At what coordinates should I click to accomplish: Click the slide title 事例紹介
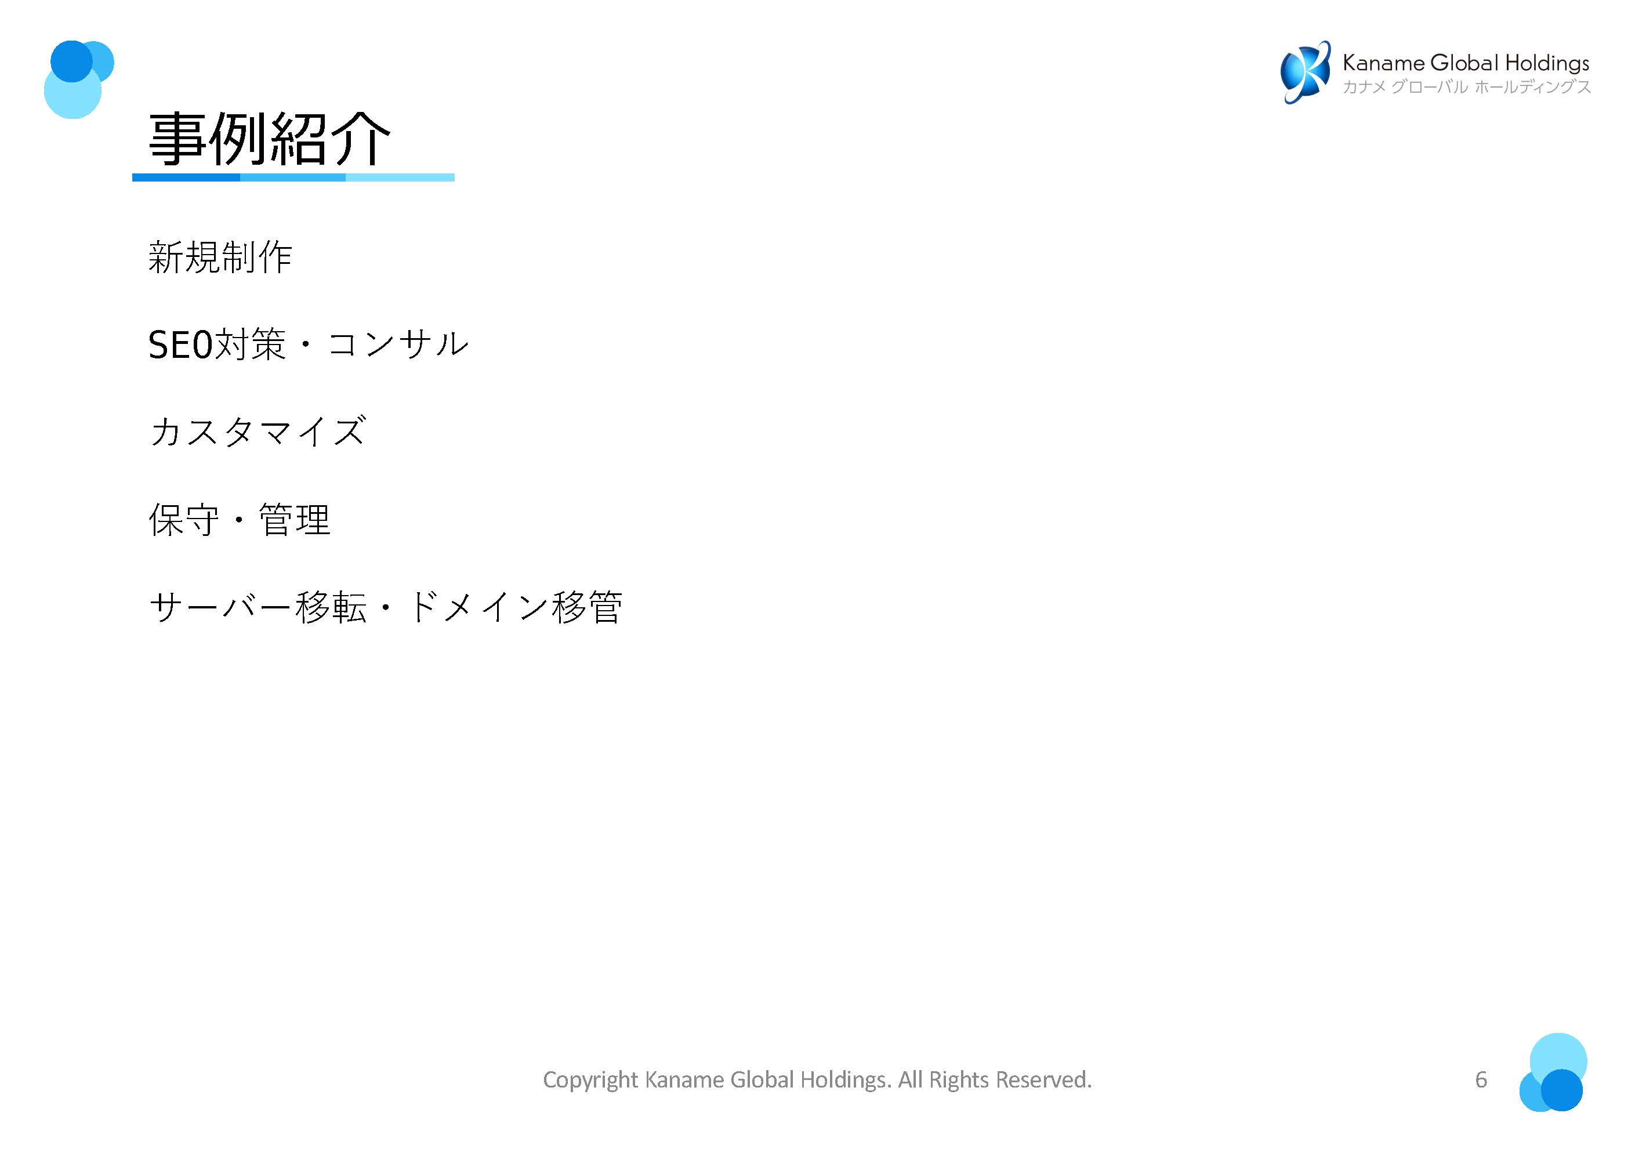click(x=269, y=139)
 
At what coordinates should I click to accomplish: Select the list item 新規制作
click(x=220, y=257)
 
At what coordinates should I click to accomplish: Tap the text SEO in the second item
click(x=180, y=345)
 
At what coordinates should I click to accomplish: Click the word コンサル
click(x=398, y=345)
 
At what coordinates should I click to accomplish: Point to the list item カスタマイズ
click(x=257, y=432)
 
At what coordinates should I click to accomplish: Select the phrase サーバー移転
click(x=257, y=608)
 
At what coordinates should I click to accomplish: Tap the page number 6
click(x=1480, y=1079)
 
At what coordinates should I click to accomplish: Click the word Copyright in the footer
click(x=590, y=1079)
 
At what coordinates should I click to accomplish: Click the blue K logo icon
click(x=1304, y=72)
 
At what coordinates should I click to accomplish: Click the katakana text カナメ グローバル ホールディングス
click(x=1466, y=87)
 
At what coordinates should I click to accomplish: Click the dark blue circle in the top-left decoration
click(x=70, y=61)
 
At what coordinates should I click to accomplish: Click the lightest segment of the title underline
click(x=400, y=177)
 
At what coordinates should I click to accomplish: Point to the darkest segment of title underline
click(x=186, y=177)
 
